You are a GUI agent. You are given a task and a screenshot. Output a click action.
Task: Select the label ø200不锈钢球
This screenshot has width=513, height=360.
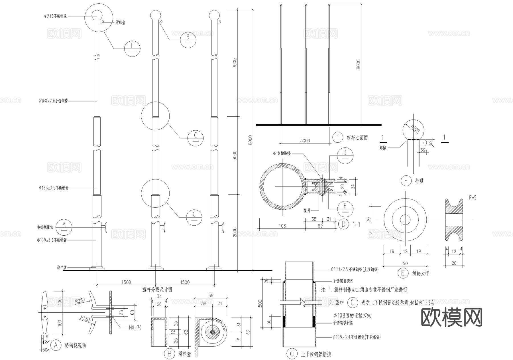[x=56, y=16]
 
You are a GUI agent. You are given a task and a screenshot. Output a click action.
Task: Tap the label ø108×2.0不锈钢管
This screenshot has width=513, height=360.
[x=53, y=101]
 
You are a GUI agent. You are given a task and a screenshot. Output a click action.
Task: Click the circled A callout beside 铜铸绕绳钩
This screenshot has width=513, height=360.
[x=64, y=227]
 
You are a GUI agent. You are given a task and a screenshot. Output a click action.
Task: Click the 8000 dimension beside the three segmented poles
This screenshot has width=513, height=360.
[x=250, y=140]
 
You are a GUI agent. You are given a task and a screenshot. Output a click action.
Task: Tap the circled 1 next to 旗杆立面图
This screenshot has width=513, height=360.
[x=338, y=137]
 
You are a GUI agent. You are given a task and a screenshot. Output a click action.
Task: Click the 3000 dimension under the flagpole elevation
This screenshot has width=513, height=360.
[x=305, y=141]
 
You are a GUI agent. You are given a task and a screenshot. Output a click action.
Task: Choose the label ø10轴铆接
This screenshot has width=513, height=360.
[x=282, y=153]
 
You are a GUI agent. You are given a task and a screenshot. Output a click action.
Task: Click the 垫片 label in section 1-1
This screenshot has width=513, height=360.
[x=307, y=210]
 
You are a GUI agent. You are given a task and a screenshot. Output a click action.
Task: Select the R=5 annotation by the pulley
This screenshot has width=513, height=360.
[x=473, y=197]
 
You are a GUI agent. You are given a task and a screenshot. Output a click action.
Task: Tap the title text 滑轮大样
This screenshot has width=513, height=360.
[x=420, y=273]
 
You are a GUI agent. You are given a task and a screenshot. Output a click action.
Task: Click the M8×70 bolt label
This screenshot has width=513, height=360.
[x=135, y=327]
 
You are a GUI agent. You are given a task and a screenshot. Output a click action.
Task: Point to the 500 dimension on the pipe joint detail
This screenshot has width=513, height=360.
[x=260, y=303]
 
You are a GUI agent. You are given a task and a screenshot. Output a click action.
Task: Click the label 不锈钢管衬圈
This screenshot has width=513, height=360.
[x=343, y=323]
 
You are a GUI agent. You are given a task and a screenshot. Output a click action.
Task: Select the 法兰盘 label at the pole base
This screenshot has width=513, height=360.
[x=62, y=268]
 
